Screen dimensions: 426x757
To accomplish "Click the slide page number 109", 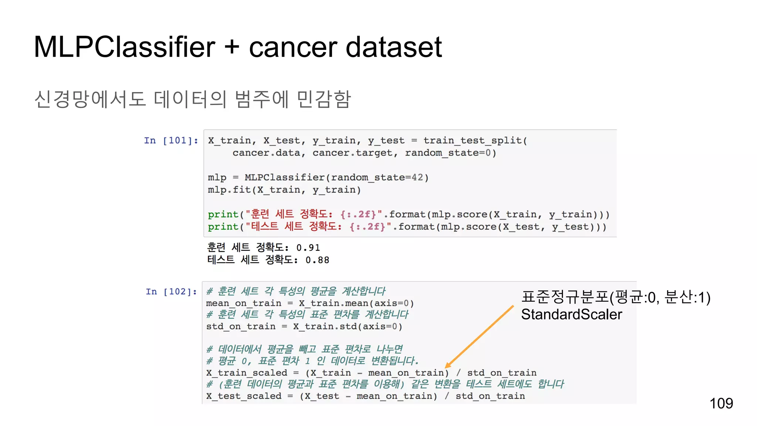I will pos(721,403).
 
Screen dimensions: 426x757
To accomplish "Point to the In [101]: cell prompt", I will pos(171,141).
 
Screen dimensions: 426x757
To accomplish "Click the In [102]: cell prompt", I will pos(171,292).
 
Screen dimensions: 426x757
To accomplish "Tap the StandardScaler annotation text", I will pos(571,314).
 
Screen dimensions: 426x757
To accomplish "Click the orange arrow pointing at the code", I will pos(479,337).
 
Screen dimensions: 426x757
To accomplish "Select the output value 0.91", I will pos(308,248).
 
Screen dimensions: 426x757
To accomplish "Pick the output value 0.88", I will pos(317,260).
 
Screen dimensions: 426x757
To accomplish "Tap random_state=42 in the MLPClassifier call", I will pos(377,177).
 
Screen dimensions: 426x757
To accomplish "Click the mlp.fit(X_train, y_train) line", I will pos(284,190).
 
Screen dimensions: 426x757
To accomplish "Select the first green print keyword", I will pos(223,214).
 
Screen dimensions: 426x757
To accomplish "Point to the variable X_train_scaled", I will pos(247,373).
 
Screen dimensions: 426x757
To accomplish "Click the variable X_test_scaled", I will pos(244,396).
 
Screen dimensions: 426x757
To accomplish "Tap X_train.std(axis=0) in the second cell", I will pos(347,327).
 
